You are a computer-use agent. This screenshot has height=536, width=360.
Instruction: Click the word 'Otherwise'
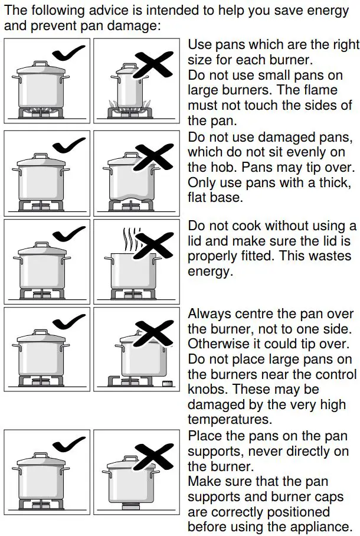(217, 344)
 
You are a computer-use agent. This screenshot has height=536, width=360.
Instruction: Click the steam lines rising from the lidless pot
(127, 240)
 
